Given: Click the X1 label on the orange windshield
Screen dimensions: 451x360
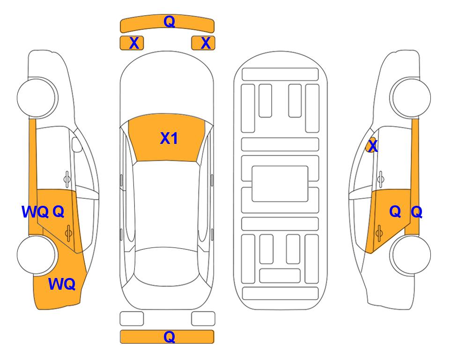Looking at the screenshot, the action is point(169,138).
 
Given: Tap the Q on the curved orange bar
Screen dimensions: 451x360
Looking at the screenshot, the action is point(170,21).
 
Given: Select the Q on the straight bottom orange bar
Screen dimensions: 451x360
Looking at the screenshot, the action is point(170,337).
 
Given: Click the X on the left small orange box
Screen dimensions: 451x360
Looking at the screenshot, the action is point(134,43).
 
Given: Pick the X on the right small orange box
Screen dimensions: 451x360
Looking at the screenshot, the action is point(206,43).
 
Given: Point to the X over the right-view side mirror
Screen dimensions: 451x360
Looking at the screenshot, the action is point(373,145).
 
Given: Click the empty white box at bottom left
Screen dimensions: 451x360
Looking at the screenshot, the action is point(132,319).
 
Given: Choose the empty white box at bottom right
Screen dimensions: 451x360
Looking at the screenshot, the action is point(203,319).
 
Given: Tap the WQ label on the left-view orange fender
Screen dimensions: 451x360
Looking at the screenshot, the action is point(62,284).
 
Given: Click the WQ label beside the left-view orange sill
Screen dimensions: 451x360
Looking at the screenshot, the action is point(35,212).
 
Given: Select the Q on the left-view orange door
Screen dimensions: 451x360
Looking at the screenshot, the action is point(59,212).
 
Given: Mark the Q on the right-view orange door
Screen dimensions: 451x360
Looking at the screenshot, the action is point(395,212).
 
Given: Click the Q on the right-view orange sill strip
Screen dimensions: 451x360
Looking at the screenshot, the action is point(416,212).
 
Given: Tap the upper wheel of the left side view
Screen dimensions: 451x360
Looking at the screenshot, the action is point(37,97).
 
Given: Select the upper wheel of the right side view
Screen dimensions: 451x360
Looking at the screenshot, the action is point(410,97).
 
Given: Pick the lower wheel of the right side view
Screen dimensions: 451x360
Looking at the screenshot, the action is point(410,255).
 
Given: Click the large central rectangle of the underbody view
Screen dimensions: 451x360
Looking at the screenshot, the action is point(280,184).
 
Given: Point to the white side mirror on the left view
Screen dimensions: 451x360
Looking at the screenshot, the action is point(77,144).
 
